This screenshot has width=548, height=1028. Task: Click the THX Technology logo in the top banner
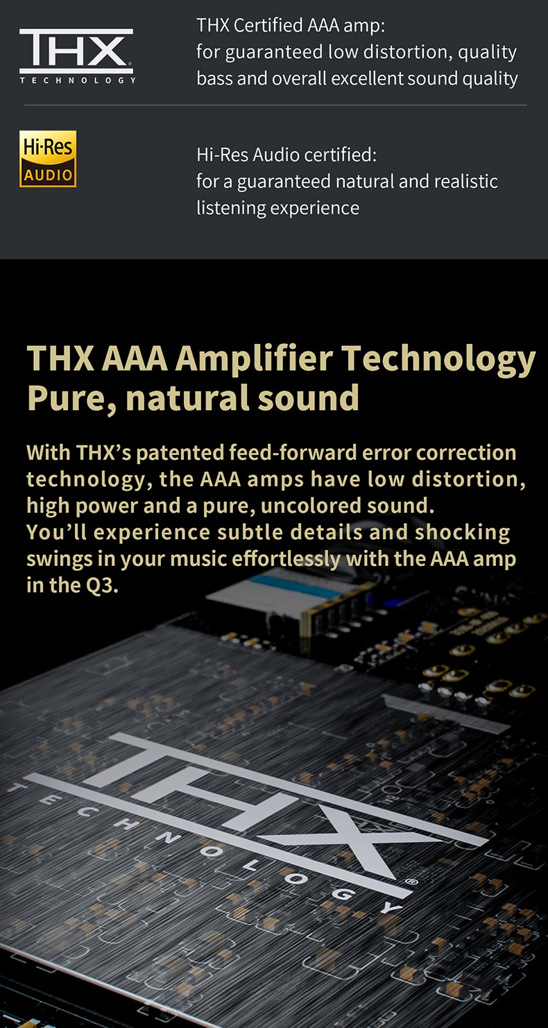coord(76,56)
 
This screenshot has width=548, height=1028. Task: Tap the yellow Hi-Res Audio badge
coord(48,159)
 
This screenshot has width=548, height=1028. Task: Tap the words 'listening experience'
coord(277,207)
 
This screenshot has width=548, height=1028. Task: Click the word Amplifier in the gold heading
coord(254,359)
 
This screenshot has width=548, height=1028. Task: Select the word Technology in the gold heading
coord(438,359)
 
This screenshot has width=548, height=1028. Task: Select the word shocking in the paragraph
coord(462,532)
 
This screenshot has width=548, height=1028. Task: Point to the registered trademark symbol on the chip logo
coord(411,882)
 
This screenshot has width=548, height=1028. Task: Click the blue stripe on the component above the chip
coord(293,586)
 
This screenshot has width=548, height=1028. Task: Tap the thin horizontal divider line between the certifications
coord(275,105)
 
